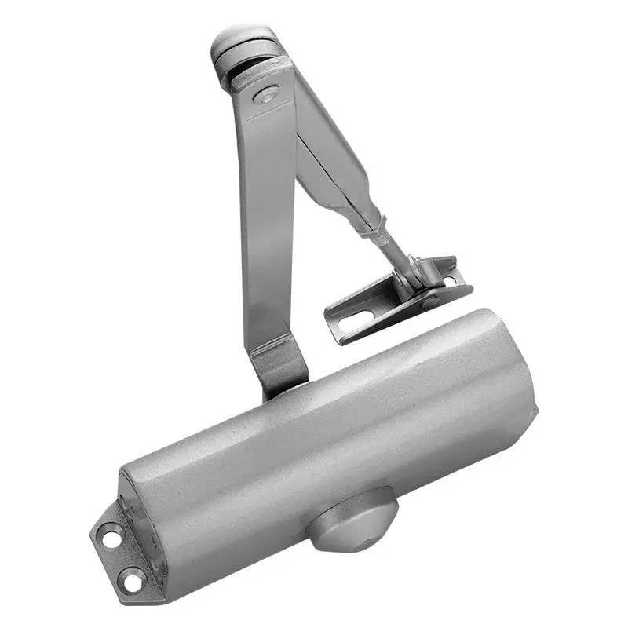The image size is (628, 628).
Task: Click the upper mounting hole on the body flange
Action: [110, 539]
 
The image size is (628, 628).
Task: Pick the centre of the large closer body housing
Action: [330, 440]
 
